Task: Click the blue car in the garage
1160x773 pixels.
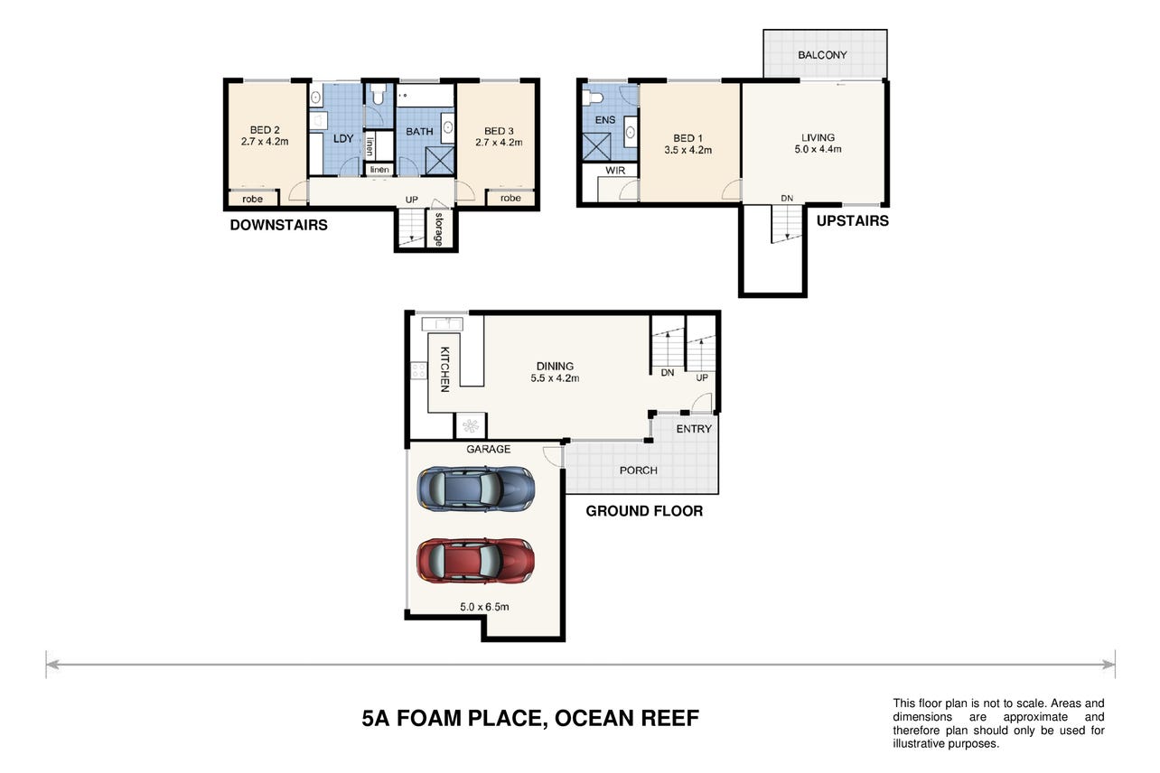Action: pyautogui.click(x=476, y=489)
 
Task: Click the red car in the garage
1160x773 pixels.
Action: pyautogui.click(x=476, y=561)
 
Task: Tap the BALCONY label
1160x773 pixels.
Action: pyautogui.click(x=822, y=55)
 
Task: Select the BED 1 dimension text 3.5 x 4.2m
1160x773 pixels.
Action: pyautogui.click(x=688, y=150)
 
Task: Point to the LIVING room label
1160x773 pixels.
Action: pyautogui.click(x=819, y=137)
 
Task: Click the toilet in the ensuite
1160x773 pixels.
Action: pyautogui.click(x=593, y=98)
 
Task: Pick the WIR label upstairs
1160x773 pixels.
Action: pyautogui.click(x=615, y=171)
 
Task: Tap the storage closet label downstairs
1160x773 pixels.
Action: pyautogui.click(x=439, y=228)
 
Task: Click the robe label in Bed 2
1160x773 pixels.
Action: pyautogui.click(x=252, y=199)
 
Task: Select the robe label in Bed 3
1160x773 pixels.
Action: pyautogui.click(x=510, y=198)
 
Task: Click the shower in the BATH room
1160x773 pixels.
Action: pyautogui.click(x=440, y=161)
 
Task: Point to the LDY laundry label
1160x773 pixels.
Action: pyautogui.click(x=343, y=139)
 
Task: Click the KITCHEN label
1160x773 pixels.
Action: pyautogui.click(x=444, y=369)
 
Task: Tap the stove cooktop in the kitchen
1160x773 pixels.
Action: pyautogui.click(x=418, y=371)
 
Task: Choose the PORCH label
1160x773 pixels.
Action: pyautogui.click(x=639, y=470)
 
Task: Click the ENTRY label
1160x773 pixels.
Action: pyautogui.click(x=694, y=429)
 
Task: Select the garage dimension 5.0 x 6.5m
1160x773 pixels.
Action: pyautogui.click(x=484, y=606)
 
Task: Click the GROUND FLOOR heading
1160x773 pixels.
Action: pyautogui.click(x=644, y=511)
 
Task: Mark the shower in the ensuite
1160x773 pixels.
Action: pyautogui.click(x=596, y=146)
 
